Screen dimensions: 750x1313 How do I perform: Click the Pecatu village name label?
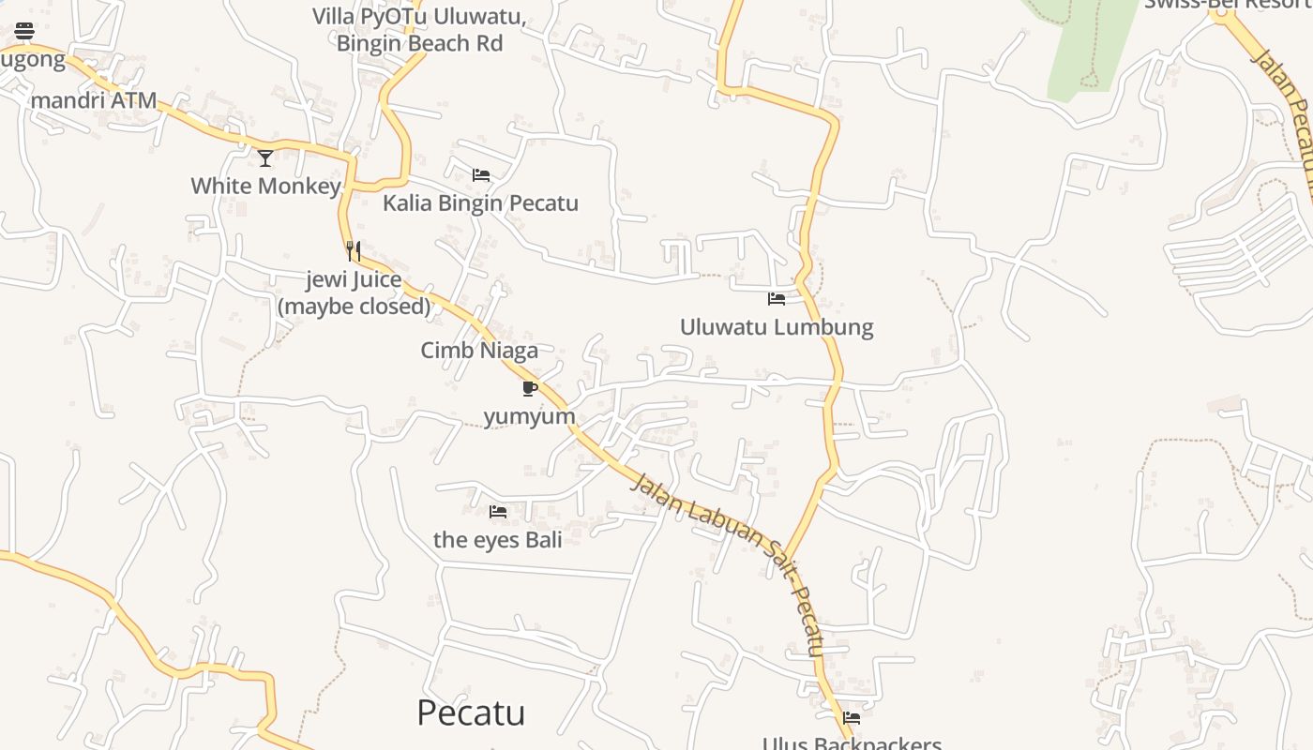point(471,713)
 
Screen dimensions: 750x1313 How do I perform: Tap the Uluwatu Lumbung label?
point(777,327)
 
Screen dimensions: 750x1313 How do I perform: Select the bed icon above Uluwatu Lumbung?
point(777,299)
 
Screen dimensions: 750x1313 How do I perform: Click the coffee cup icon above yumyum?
point(529,388)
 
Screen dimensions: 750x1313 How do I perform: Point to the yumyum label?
point(529,416)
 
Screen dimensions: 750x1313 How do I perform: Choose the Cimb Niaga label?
point(479,351)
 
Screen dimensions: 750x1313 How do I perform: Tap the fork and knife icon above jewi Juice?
point(354,250)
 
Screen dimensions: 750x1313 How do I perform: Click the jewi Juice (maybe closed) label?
point(355,292)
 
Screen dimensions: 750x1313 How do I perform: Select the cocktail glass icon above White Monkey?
point(265,157)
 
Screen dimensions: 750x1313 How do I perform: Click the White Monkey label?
point(265,186)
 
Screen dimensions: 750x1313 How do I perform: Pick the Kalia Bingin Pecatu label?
point(480,203)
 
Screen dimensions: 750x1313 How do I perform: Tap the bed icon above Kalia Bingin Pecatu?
point(481,175)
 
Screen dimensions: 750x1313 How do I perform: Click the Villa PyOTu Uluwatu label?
point(419,30)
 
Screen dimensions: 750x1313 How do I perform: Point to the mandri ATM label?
point(94,100)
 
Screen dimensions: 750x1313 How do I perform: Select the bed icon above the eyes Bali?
point(498,511)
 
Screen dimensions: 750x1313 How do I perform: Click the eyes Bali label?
point(498,539)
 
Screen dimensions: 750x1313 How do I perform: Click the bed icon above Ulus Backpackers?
point(852,718)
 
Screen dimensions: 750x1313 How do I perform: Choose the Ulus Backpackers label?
point(852,743)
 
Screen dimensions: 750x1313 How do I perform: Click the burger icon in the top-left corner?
point(24,31)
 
